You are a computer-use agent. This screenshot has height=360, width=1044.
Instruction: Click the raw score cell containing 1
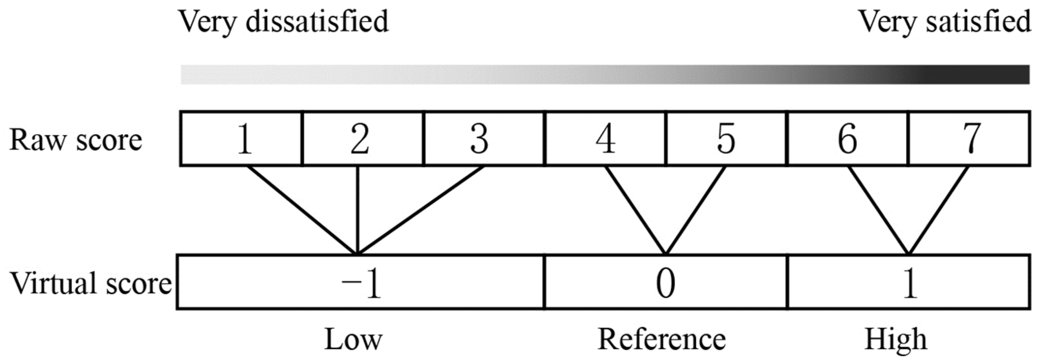[x=241, y=139]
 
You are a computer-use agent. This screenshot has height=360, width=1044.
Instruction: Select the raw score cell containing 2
[x=362, y=139]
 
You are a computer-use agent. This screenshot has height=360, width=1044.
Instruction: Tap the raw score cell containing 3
[x=483, y=139]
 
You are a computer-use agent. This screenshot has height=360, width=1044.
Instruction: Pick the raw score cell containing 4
[x=605, y=139]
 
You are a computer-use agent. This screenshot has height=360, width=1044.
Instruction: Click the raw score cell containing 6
[x=847, y=139]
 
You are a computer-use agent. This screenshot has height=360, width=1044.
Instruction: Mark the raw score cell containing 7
[x=970, y=139]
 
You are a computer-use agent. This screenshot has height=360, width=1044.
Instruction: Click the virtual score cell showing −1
[x=361, y=283]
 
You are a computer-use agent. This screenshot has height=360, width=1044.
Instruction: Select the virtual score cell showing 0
[x=665, y=283]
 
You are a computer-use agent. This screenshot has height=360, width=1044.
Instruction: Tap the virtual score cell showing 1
[x=909, y=283]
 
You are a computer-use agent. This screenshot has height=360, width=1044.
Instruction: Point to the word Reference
[x=661, y=340]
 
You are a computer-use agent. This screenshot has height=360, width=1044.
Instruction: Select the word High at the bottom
[x=895, y=340]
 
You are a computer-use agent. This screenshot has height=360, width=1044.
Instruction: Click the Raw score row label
[x=76, y=140]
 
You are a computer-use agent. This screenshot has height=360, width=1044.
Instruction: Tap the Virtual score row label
[x=90, y=283]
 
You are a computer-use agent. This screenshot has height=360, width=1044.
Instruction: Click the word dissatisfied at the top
[x=317, y=22]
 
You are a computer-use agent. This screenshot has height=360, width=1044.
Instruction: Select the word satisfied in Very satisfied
[x=978, y=22]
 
